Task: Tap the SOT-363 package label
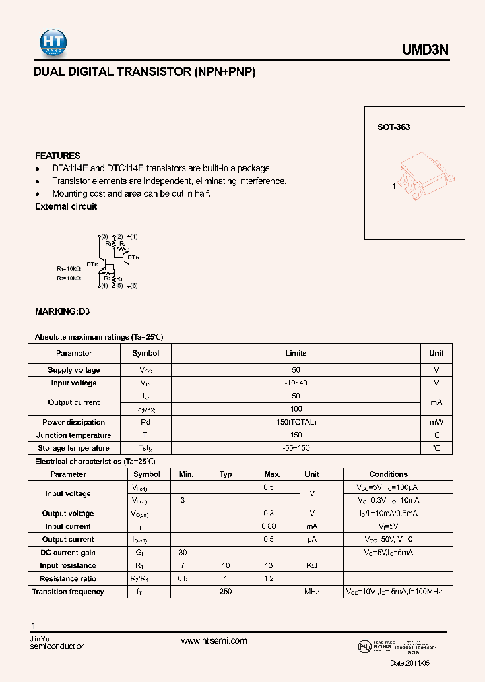coord(393,127)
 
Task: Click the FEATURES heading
coord(58,156)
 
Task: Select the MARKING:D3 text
coord(62,312)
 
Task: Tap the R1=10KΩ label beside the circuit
coord(68,268)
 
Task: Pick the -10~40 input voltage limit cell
coord(296,383)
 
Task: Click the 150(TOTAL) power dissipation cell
coord(296,422)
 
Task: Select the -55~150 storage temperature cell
coord(296,448)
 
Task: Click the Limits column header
coord(296,353)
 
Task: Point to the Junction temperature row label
coord(74,435)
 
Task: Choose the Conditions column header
coord(388,474)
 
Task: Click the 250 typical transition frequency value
coord(226,592)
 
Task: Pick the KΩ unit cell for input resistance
coord(312,565)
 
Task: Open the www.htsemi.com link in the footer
coord(214,641)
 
